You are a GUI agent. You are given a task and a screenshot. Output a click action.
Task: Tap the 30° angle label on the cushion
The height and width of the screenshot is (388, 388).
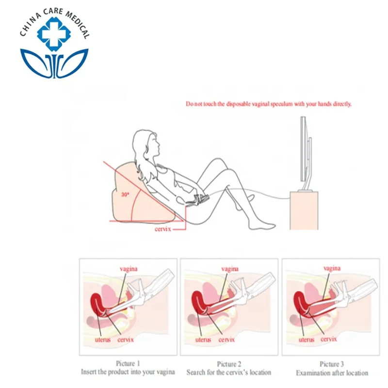125,194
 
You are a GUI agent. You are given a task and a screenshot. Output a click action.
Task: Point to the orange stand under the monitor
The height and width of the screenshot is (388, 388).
304,210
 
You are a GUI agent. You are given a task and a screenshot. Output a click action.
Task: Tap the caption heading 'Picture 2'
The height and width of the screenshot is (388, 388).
229,364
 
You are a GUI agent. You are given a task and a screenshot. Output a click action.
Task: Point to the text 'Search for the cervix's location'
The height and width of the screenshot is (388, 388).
229,373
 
